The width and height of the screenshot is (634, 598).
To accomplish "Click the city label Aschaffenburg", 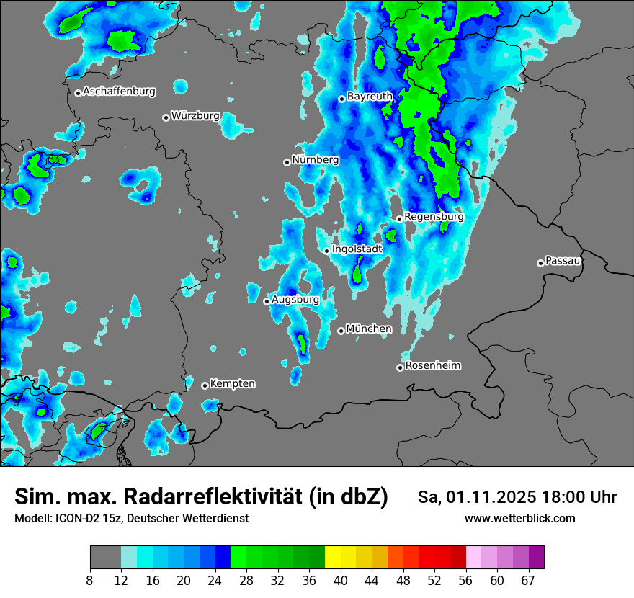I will point(119,92).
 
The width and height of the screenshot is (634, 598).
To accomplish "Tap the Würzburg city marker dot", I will point(166,117).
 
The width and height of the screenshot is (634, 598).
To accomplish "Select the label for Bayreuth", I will point(370,96).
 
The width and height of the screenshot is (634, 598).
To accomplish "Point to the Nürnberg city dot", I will point(287,162).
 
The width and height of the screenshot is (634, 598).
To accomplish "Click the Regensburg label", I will point(434,216).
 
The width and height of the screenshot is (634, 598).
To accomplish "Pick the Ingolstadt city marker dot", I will point(326,251).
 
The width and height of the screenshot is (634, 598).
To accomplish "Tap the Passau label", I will point(563,260).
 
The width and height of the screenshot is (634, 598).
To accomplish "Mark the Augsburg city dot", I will point(267,301).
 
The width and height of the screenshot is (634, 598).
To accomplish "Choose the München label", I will point(369,329).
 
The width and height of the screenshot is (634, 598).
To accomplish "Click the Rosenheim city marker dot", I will point(400,367).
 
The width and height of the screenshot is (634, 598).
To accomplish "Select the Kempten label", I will point(232,383).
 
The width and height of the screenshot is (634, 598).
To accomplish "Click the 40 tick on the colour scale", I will point(340,580).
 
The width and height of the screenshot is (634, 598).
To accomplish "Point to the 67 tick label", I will point(527,580).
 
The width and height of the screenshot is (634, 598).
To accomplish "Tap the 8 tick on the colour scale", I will point(89,580).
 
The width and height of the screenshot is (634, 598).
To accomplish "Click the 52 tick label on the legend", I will point(434,580).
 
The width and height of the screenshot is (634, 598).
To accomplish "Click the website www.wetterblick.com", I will point(519,518).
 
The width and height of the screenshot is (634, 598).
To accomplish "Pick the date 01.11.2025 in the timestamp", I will point(491,497).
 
